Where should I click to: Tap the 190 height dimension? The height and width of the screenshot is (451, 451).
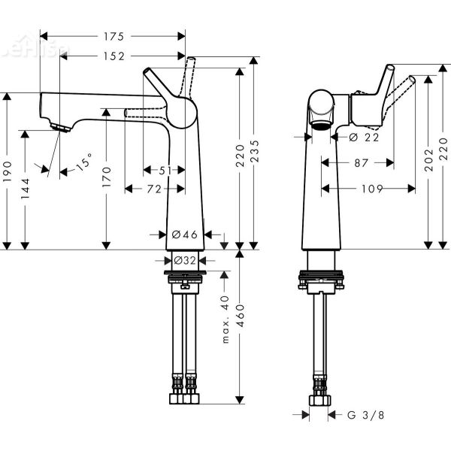8,171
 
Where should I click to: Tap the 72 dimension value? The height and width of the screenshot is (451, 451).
154,189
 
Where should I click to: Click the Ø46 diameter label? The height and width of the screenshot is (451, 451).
185,235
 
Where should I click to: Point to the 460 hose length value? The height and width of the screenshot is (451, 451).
239,324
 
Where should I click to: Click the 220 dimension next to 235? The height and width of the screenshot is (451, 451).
240,156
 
